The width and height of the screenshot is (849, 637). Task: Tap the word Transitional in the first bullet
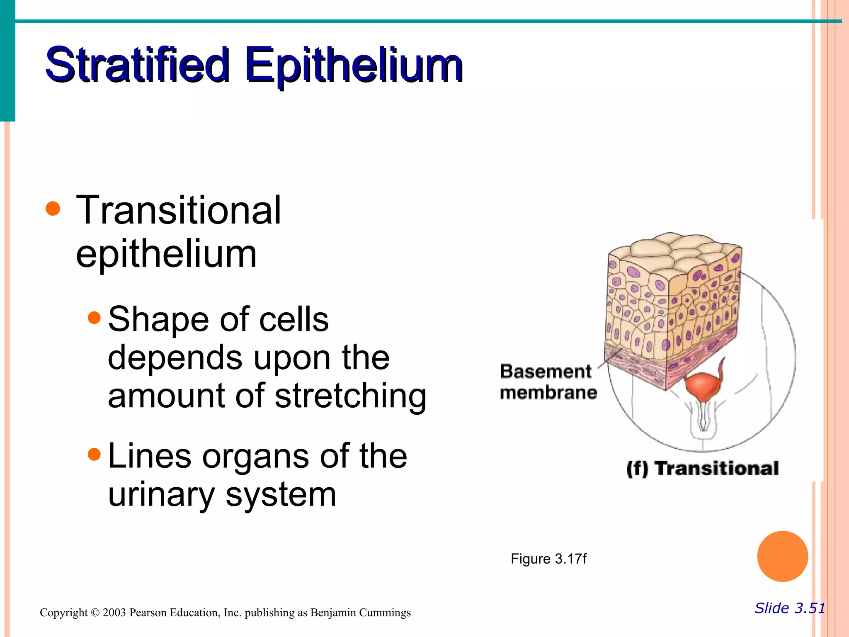point(178,210)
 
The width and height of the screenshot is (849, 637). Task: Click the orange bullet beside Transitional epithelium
point(53,209)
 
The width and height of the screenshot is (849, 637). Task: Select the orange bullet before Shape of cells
point(95,318)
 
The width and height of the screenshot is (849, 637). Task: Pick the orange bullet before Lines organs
point(95,455)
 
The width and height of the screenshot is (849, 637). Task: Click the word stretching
point(350,396)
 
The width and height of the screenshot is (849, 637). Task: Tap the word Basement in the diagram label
point(546,372)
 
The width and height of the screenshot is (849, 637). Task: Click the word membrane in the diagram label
point(548,392)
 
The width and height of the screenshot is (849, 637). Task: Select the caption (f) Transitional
point(702,468)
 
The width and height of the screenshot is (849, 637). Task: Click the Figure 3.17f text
point(548,559)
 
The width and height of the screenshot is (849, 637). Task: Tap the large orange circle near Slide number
point(782,556)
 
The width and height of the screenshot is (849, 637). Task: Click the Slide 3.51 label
point(789,608)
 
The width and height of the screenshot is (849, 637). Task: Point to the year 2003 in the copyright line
point(114,613)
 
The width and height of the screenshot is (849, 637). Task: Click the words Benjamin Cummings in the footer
point(360,613)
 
